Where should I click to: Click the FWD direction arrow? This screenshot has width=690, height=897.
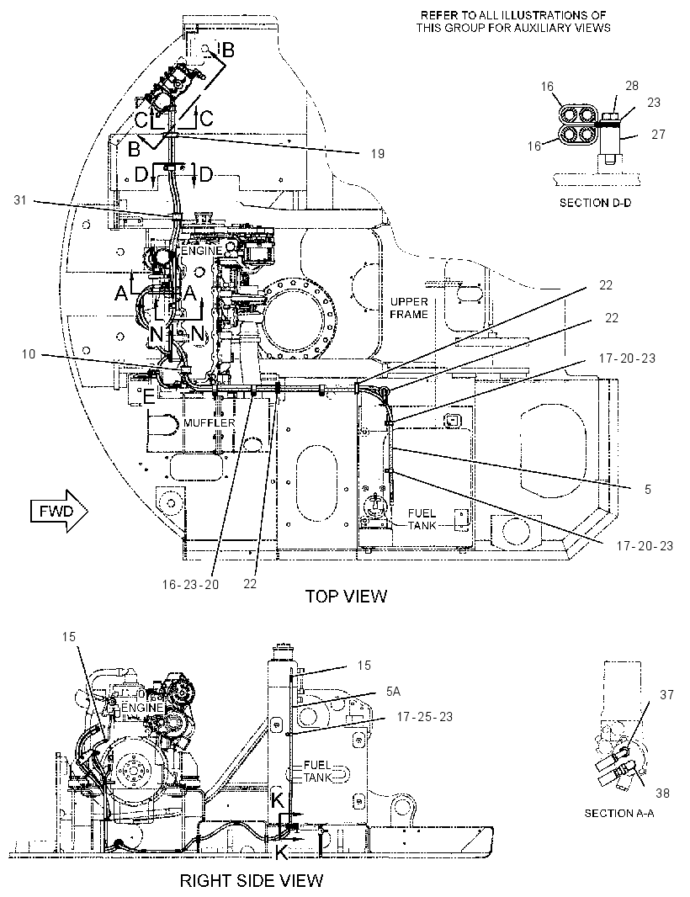(x=59, y=511)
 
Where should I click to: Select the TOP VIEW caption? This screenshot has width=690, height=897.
(x=346, y=596)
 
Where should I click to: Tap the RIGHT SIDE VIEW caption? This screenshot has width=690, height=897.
(x=252, y=880)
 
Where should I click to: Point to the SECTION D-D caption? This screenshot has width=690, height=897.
(x=595, y=203)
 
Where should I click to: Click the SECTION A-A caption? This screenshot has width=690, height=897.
(x=619, y=813)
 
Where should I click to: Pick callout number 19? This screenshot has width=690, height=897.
(x=378, y=153)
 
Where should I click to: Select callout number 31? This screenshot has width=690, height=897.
(x=20, y=200)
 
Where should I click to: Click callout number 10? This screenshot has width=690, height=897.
(x=29, y=354)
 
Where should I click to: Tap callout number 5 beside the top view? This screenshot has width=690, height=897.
(x=648, y=489)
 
